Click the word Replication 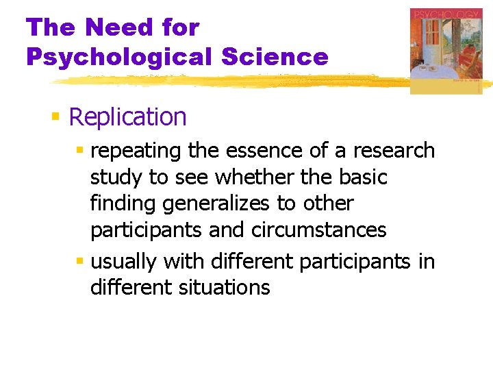(x=127, y=117)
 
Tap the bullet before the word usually (x=81, y=262)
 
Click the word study (x=117, y=177)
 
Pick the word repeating (x=135, y=151)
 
